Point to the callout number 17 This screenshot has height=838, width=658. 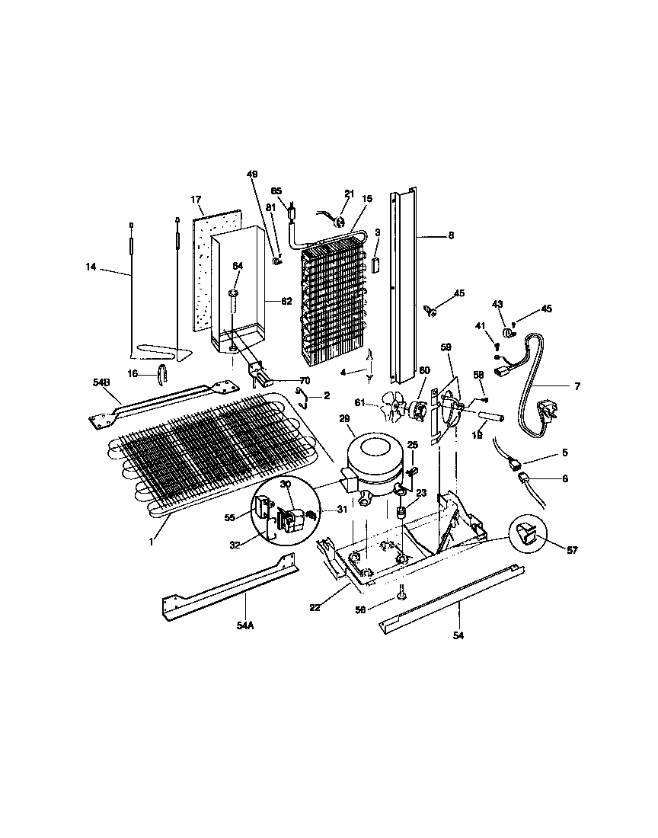[196, 200]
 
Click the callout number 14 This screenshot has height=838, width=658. [91, 267]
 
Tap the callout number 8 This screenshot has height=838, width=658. [451, 236]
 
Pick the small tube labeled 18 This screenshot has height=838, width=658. [486, 417]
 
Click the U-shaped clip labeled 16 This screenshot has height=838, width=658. [161, 373]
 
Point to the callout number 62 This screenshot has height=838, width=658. [286, 301]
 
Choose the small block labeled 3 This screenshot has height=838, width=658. [375, 264]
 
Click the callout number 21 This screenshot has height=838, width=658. [350, 194]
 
